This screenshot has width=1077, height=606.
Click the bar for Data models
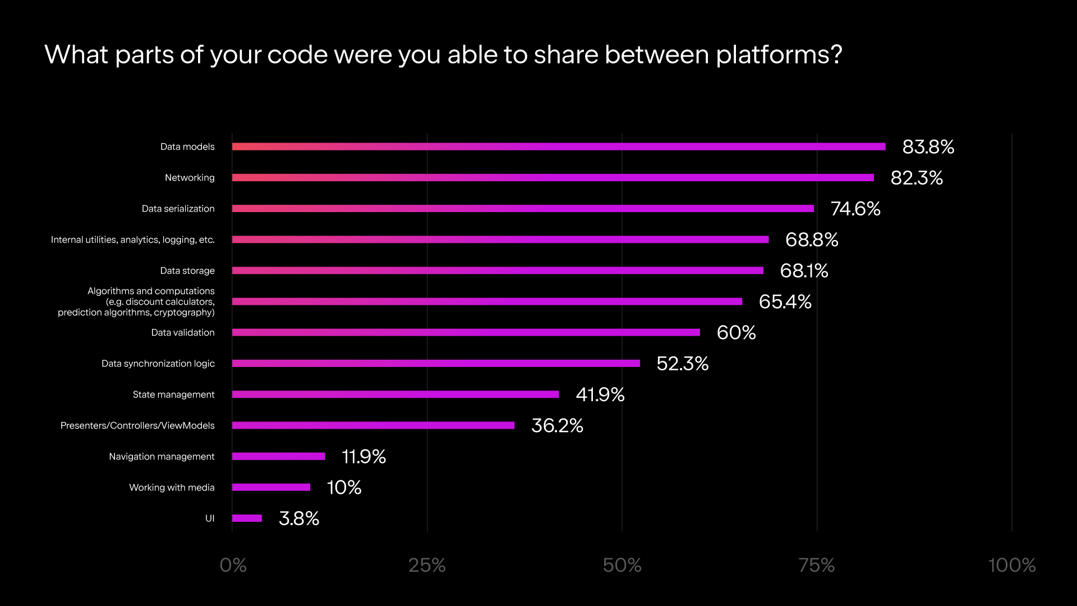coord(559,146)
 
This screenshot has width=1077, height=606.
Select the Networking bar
coord(553,178)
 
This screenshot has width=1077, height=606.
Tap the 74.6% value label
coord(855,209)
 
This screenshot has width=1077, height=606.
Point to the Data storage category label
coord(187,270)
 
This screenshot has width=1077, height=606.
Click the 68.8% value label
coord(812,240)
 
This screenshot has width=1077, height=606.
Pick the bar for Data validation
coord(466,333)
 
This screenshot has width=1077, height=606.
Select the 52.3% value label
coord(683,364)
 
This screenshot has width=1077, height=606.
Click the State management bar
coord(395,394)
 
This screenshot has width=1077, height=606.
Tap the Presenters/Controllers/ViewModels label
coord(137,425)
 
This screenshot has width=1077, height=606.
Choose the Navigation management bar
coord(279,456)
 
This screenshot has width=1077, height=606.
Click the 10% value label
coord(344,487)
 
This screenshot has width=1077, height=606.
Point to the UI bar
coord(247,518)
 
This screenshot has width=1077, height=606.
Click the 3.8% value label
coord(299,518)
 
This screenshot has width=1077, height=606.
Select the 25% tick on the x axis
coord(427,565)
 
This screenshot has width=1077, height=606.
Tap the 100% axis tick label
coord(1011,565)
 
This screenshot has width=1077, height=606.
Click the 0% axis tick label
coord(233,565)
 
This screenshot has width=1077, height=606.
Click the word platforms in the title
coord(779,55)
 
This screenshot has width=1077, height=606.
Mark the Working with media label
coord(172,487)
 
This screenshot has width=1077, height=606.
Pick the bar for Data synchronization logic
coord(436,364)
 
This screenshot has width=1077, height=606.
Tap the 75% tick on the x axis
coord(817,565)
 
